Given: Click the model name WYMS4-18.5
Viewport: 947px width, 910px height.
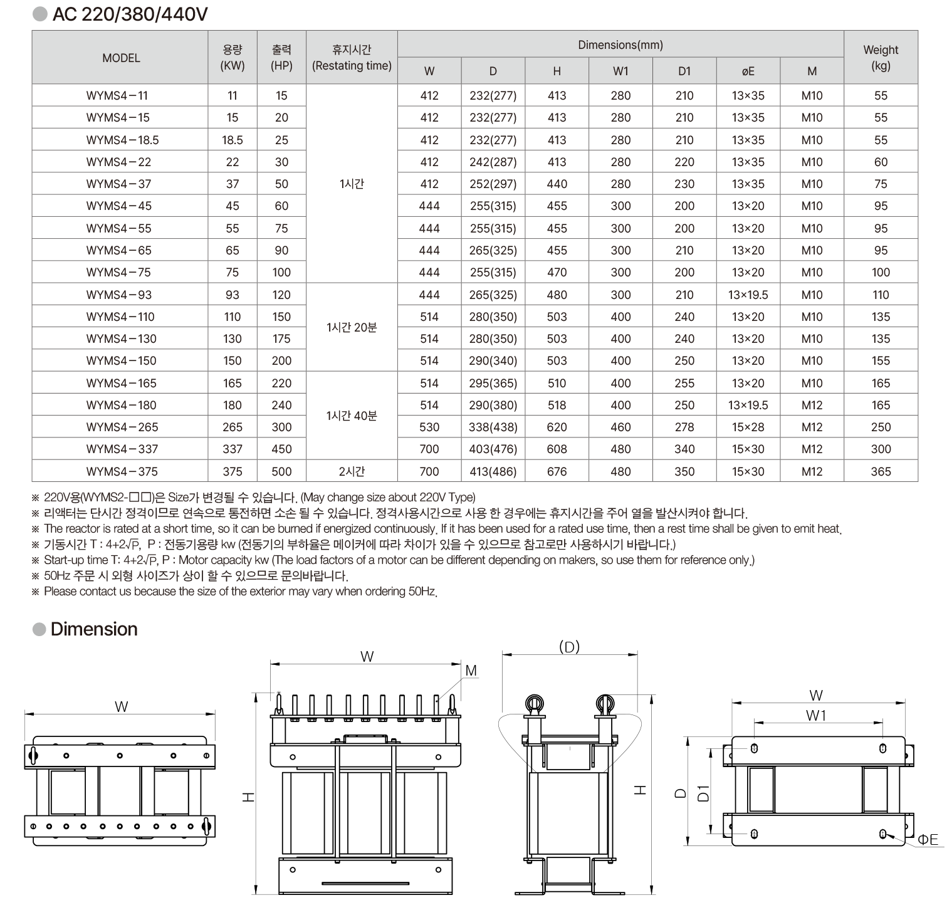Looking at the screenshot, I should click(122, 140).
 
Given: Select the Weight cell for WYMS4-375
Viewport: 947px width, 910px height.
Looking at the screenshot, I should click(881, 471).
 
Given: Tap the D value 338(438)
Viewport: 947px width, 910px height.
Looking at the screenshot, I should click(493, 427).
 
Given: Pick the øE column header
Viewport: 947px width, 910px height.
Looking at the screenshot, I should click(748, 71).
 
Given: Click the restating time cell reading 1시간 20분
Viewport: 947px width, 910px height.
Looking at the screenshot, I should click(352, 327).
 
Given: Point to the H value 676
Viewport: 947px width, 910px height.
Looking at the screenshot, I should click(557, 471).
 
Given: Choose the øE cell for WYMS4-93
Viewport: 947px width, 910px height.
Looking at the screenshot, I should click(748, 295).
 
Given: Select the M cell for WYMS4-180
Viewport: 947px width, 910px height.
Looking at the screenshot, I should click(812, 405).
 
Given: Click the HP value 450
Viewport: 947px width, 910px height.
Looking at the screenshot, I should click(281, 449).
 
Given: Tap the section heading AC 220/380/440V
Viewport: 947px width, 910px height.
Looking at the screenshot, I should click(130, 14).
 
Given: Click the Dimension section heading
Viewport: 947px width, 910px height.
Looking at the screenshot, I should click(94, 629).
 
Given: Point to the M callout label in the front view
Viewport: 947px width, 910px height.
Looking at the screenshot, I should click(471, 671).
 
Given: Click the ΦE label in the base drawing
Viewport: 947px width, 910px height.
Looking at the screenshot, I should click(928, 839).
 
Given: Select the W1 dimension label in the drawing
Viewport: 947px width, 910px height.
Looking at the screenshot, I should click(816, 715).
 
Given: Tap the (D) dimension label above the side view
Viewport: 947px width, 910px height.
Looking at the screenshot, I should click(569, 647).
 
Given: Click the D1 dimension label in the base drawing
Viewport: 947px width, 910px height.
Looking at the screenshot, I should click(703, 793).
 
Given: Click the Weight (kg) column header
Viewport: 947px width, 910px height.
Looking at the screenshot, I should click(881, 58).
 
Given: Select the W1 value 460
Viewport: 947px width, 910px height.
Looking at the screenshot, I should click(620, 427).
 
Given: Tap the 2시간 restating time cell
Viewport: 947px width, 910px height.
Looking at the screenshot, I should click(352, 471).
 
